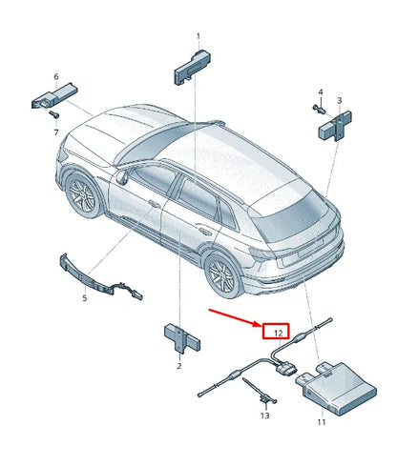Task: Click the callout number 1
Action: pyautogui.click(x=198, y=37)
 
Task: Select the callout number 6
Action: pyautogui.click(x=55, y=76)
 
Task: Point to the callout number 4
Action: pyautogui.click(x=320, y=92)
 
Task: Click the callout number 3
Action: pyautogui.click(x=340, y=99)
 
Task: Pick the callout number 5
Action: pyautogui.click(x=83, y=298)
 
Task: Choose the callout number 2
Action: pyautogui.click(x=178, y=365)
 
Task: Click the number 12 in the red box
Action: pyautogui.click(x=277, y=333)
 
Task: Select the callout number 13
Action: pyautogui.click(x=265, y=415)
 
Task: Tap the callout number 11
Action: pyautogui.click(x=322, y=421)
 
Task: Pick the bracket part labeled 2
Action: pyautogui.click(x=178, y=335)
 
